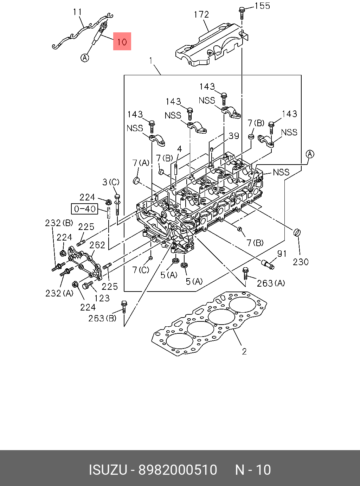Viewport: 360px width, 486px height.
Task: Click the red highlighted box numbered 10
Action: (x=122, y=41)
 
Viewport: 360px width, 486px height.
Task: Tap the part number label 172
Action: (x=201, y=14)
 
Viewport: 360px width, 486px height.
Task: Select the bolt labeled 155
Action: (x=242, y=12)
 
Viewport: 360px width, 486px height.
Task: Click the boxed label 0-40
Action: (x=85, y=209)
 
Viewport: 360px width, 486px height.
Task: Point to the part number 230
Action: (x=301, y=262)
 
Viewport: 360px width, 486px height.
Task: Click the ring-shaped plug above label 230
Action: (x=298, y=232)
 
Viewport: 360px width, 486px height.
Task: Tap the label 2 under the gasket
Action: (x=244, y=351)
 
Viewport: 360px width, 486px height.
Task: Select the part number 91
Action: (x=282, y=254)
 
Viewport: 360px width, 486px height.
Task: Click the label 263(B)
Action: (x=102, y=318)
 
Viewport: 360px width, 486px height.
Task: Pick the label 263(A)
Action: (x=271, y=283)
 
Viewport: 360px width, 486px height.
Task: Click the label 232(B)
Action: (x=59, y=223)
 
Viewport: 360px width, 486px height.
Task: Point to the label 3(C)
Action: (x=111, y=182)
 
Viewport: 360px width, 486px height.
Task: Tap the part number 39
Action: (x=234, y=136)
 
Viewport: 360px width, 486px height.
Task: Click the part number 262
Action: (x=97, y=245)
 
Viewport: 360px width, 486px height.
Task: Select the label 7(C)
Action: (x=141, y=270)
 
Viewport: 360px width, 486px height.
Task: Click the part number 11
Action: (x=77, y=12)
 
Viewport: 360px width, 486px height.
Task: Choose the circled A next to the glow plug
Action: (x=85, y=57)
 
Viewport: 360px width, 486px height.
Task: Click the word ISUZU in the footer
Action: (x=108, y=470)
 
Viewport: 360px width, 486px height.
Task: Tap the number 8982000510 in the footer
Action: (x=178, y=470)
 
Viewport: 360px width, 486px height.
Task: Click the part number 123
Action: (x=102, y=298)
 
